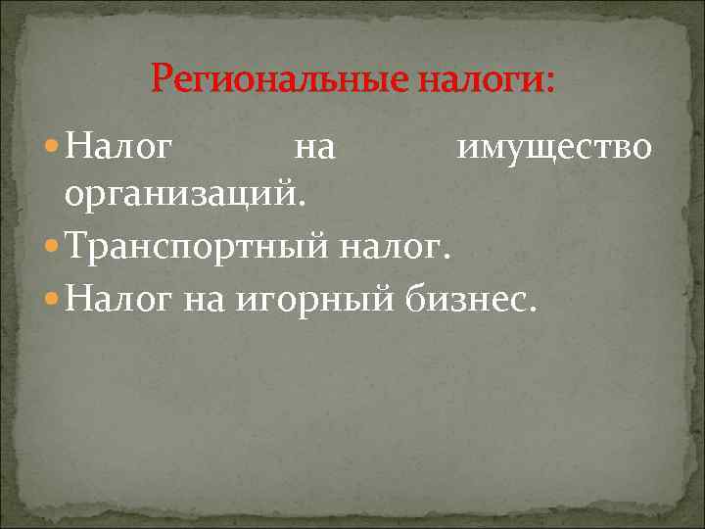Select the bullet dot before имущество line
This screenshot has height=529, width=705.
53,148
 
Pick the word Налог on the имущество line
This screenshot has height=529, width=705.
122,148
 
